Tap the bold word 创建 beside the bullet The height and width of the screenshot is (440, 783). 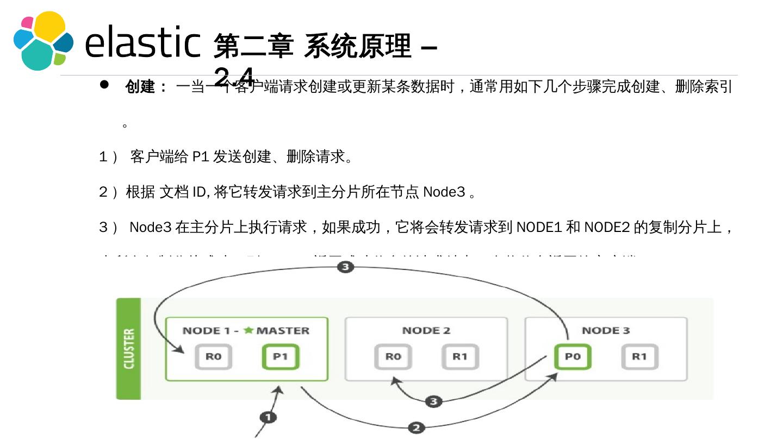[x=140, y=87]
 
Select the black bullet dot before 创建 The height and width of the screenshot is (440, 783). [x=104, y=85]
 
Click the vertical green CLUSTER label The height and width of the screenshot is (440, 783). [x=129, y=349]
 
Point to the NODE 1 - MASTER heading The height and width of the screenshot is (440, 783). [x=246, y=330]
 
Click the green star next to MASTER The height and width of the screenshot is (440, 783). [x=248, y=330]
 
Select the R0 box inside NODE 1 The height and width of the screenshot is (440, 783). [x=213, y=357]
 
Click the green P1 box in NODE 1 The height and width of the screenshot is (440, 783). [x=280, y=357]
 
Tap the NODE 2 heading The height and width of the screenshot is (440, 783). [x=426, y=330]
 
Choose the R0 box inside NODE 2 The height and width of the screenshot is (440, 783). [x=393, y=357]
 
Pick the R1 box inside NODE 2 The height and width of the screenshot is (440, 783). [x=460, y=357]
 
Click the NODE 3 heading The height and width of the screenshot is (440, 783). [x=606, y=330]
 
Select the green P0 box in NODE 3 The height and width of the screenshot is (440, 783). [x=573, y=357]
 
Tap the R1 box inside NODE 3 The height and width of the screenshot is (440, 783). [x=639, y=357]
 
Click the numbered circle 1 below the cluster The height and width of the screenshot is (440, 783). [x=268, y=417]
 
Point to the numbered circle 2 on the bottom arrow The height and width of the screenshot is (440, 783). [x=417, y=428]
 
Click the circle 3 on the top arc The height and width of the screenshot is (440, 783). [x=346, y=267]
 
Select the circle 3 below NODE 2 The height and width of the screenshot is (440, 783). [x=433, y=401]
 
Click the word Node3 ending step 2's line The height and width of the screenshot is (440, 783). [x=444, y=192]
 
